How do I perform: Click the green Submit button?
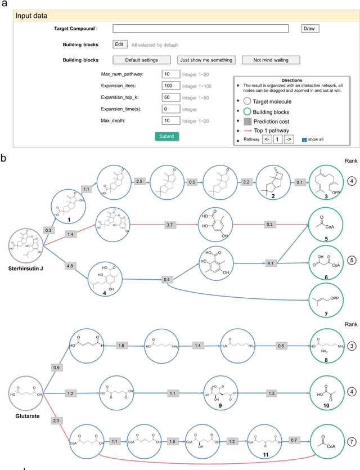166,136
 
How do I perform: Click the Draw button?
309,28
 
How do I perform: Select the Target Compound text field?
200,28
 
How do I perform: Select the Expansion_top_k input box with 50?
170,97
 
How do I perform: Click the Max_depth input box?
170,120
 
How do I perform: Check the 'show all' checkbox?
304,139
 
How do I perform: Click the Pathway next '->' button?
289,139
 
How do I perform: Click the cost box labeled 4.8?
69,265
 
